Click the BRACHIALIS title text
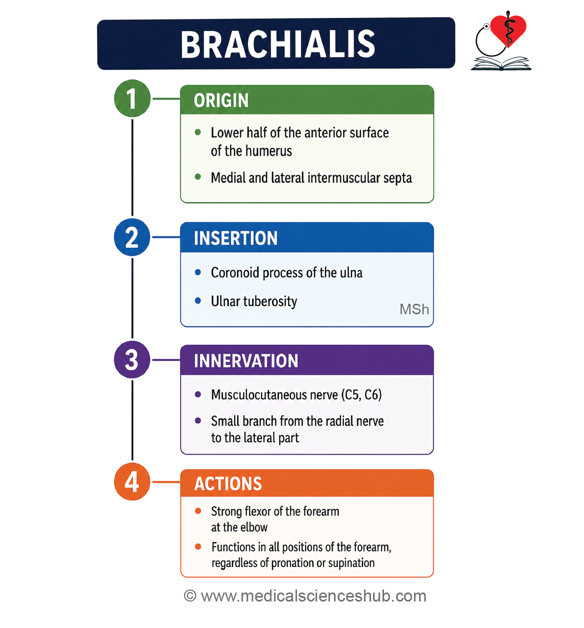[x=277, y=44]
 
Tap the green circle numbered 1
[x=132, y=98]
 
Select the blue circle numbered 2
[x=132, y=237]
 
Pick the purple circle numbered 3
[x=132, y=360]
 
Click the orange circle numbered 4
[x=132, y=482]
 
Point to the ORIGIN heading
[x=221, y=100]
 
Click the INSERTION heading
[x=236, y=238]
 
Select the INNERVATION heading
[x=246, y=361]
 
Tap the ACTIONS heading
[x=228, y=484]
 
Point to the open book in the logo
[x=501, y=63]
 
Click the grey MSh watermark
[x=414, y=309]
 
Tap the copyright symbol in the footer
[x=190, y=596]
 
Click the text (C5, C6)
[x=361, y=395]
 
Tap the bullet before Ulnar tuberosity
[x=198, y=301]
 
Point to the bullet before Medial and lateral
[x=198, y=177]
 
